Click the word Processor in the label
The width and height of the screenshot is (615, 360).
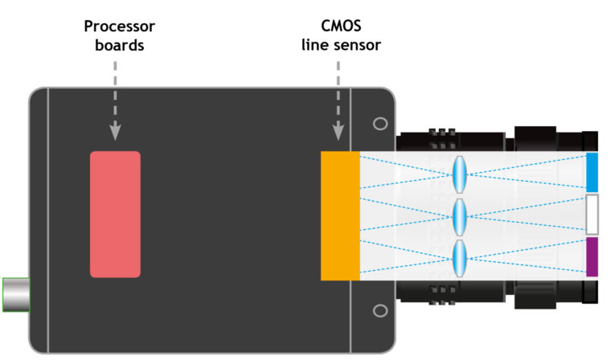pos(119,27)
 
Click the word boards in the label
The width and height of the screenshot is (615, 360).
pos(119,46)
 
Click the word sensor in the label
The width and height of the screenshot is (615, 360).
pos(354,46)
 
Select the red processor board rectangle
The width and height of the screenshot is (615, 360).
pos(115,214)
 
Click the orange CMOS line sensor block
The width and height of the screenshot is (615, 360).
pos(339,215)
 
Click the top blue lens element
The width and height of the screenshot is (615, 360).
pos(460,172)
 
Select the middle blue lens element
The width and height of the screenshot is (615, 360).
pos(460,215)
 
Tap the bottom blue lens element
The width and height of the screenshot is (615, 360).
pos(460,257)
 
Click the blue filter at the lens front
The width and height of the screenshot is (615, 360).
pos(592,172)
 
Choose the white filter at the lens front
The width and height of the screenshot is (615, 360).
pos(592,215)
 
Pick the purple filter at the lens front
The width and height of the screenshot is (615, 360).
pos(592,257)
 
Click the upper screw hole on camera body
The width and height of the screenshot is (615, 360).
pos(380,124)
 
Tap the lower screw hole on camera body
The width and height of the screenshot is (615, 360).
pos(380,310)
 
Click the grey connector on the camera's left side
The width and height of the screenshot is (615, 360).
pos(15,294)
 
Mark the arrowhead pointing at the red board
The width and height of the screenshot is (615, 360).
pos(115,133)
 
